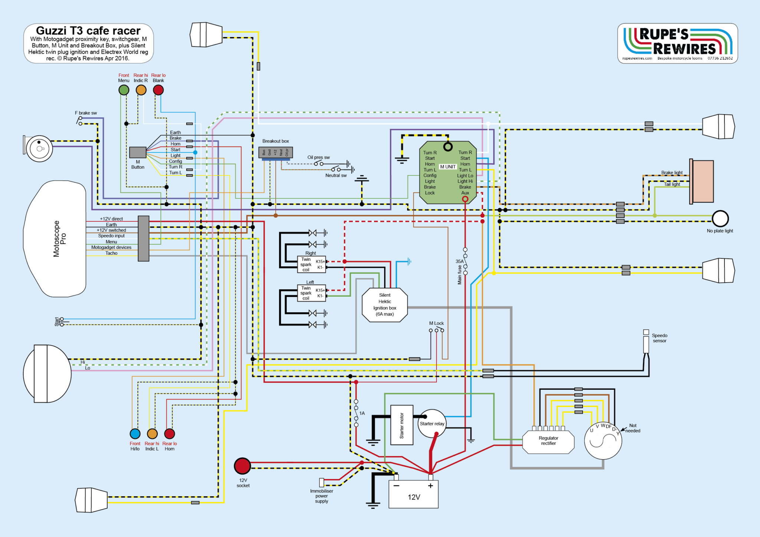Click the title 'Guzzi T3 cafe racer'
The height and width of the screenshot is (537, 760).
[x=88, y=30]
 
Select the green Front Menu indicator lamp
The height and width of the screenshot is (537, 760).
[x=124, y=90]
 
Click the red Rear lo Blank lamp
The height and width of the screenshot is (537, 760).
[x=158, y=90]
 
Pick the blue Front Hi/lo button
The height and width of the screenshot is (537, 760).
[x=135, y=434]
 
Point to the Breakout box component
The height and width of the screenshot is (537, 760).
[x=275, y=152]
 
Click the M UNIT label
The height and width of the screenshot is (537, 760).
[x=448, y=167]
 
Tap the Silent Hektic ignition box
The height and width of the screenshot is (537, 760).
[x=385, y=305]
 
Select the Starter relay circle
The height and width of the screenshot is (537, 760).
[x=432, y=424]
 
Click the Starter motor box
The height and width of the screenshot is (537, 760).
[x=402, y=425]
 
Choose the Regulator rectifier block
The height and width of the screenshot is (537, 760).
[x=548, y=441]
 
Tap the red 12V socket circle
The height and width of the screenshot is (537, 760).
[x=242, y=466]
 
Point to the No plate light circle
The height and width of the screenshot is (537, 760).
[x=720, y=218]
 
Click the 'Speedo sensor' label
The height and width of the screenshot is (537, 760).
[x=659, y=338]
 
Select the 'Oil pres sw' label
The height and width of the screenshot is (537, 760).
[x=318, y=157]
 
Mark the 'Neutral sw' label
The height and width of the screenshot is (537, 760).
[x=336, y=175]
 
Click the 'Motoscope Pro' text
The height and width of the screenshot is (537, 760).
[x=59, y=239]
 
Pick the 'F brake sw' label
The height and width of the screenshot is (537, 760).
[x=86, y=113]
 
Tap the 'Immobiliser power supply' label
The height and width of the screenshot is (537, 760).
[x=321, y=496]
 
